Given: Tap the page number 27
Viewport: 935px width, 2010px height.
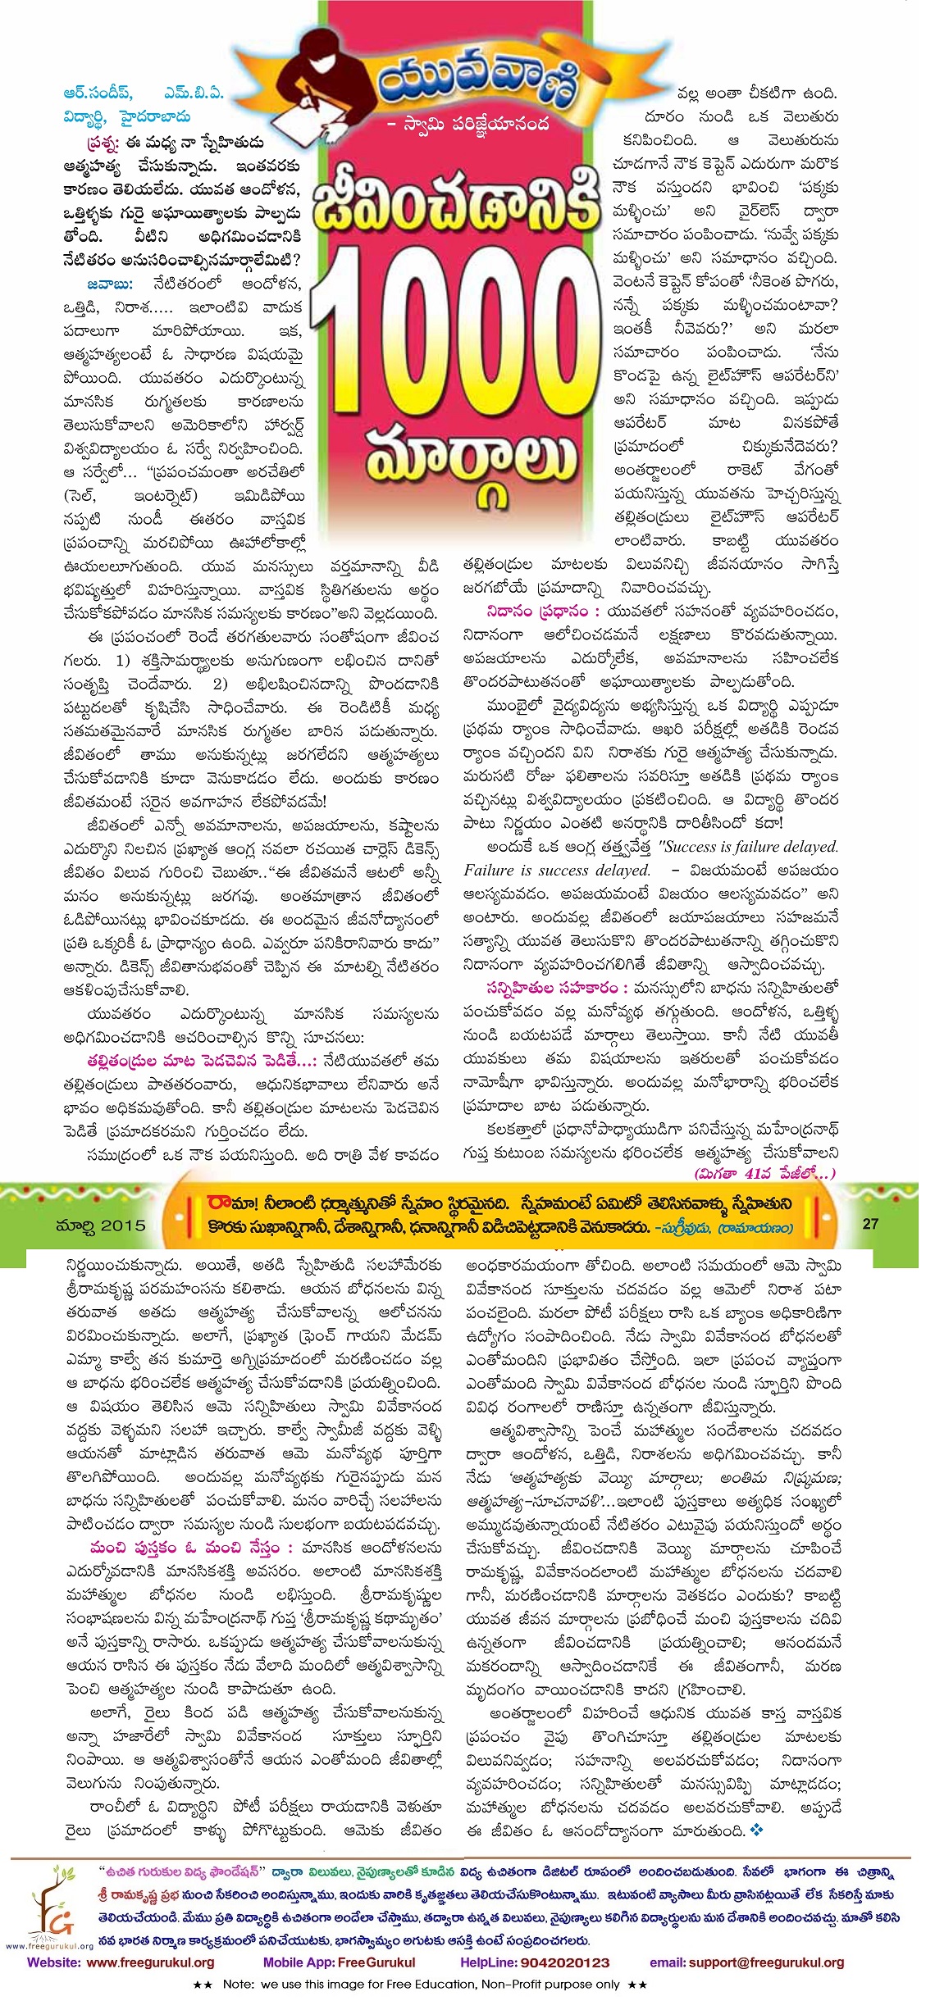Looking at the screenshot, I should tap(870, 1223).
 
